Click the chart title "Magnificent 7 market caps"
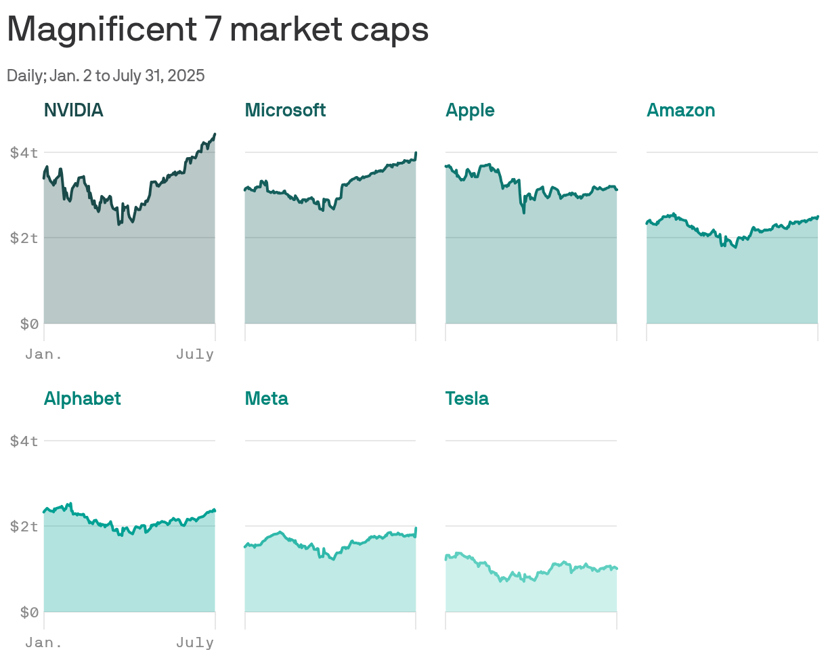217,30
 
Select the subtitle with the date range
106,76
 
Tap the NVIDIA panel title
73,110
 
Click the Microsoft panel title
285,110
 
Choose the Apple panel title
470,110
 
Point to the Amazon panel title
680,110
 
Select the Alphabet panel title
82,399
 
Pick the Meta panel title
266,399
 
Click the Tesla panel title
466,399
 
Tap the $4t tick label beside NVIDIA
24,153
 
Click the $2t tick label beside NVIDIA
24,238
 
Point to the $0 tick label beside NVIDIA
28,324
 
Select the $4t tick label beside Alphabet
24,441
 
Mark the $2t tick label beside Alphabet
24,527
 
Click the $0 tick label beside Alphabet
28,613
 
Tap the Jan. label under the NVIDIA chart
43,355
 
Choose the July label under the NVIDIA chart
195,355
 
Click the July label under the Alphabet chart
195,643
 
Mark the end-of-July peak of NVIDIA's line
215,135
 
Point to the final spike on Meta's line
416,528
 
